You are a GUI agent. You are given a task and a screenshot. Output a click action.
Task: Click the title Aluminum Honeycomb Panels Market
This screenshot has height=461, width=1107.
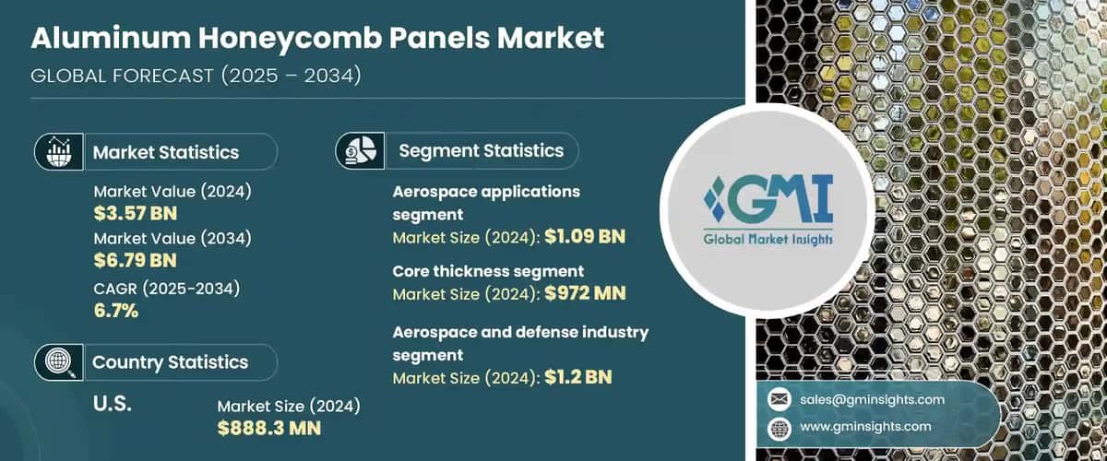click(318, 39)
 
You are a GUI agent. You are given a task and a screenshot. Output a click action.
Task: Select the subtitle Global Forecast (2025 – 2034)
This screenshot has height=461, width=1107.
click(196, 76)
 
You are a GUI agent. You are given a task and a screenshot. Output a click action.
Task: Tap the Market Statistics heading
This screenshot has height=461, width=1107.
click(166, 152)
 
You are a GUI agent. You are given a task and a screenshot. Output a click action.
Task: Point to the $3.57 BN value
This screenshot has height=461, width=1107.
click(135, 214)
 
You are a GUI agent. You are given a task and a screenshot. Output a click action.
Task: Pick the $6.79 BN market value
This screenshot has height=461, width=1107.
click(135, 261)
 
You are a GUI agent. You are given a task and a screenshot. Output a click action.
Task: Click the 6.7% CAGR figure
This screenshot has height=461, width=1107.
click(116, 311)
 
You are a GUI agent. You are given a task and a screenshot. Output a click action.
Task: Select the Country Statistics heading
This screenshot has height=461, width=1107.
click(170, 362)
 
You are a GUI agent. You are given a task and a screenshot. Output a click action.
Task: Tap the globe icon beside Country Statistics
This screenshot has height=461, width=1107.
click(57, 361)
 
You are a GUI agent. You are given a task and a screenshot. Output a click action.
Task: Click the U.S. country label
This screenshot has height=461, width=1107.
click(114, 404)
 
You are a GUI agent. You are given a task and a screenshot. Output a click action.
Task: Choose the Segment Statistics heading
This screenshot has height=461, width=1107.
click(481, 150)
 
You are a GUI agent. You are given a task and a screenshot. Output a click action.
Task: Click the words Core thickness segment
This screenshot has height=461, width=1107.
click(488, 271)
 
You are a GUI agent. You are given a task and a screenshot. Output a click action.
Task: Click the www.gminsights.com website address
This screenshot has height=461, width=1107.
click(865, 428)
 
